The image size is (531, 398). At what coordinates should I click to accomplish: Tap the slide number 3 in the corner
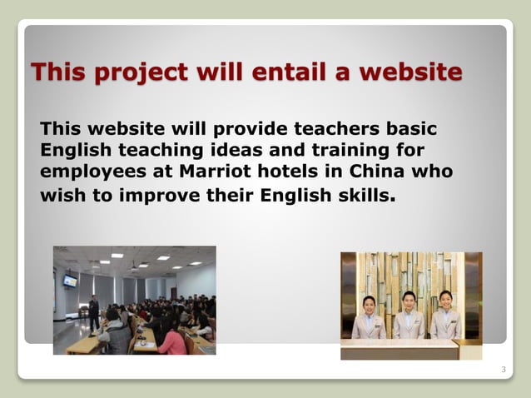click(x=504, y=368)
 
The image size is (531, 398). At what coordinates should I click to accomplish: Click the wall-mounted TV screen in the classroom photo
click(x=71, y=281)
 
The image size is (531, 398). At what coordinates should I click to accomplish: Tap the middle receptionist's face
click(x=409, y=298)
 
